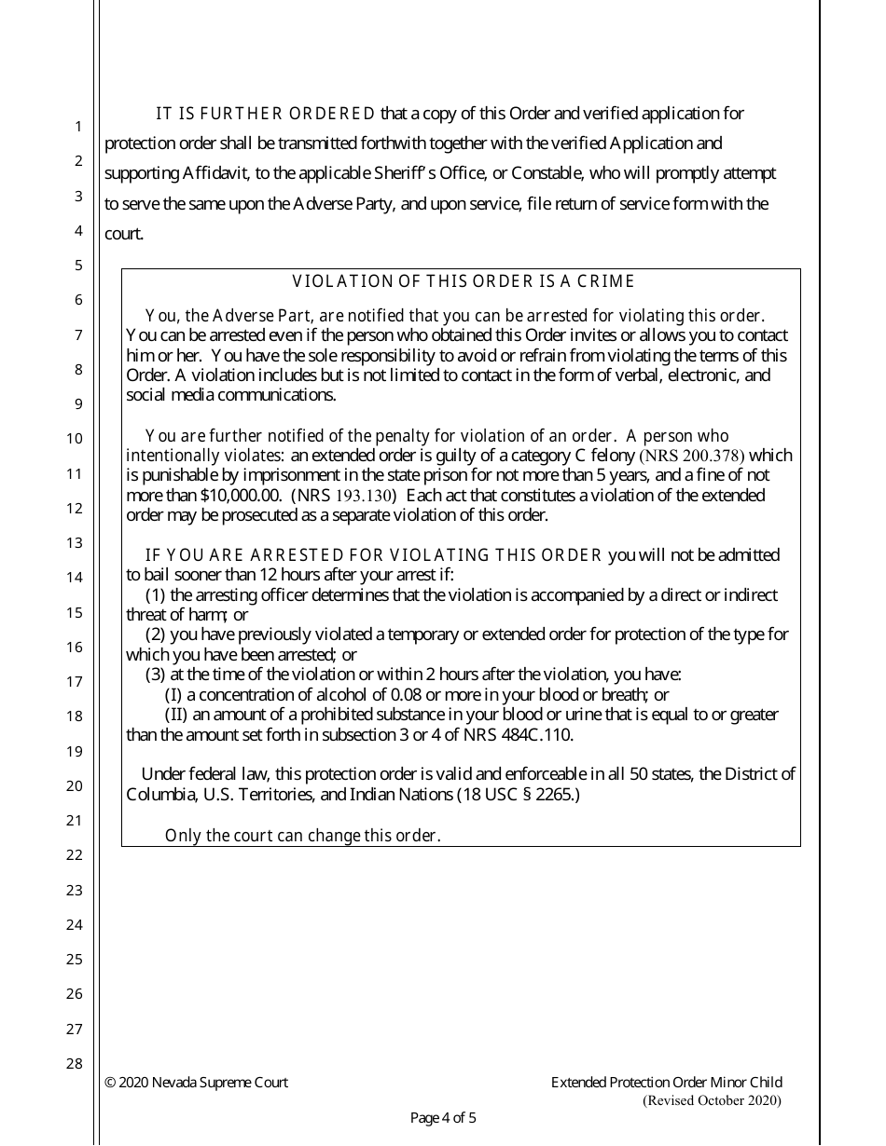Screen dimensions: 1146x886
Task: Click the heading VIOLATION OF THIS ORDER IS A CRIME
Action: click(464, 281)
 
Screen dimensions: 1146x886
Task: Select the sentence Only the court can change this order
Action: click(302, 836)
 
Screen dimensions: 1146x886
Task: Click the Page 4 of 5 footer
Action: click(443, 1118)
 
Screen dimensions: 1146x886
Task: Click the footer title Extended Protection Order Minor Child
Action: click(666, 1083)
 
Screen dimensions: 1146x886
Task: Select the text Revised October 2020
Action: click(713, 1100)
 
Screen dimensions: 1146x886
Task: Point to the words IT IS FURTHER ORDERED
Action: click(265, 115)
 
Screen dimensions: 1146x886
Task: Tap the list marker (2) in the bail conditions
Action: click(156, 634)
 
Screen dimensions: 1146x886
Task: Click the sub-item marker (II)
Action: click(176, 715)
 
